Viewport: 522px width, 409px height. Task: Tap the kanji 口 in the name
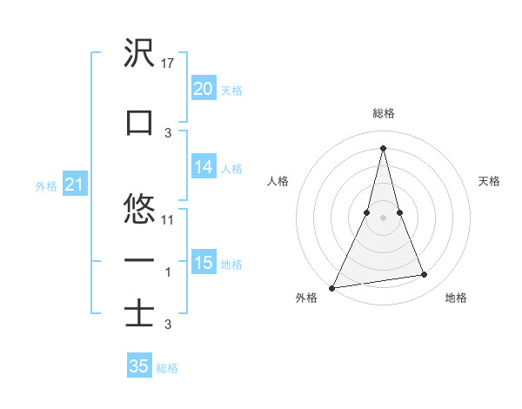(x=140, y=123)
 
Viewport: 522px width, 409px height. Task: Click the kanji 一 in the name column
(x=140, y=260)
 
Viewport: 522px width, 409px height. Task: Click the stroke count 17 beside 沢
(x=169, y=64)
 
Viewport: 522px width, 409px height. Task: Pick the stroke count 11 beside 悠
(x=169, y=220)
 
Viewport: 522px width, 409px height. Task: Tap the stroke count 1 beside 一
(x=169, y=272)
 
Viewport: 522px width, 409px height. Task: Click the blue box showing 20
(x=203, y=89)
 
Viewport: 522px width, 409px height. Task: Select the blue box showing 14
(x=203, y=167)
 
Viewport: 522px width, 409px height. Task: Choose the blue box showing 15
(x=203, y=263)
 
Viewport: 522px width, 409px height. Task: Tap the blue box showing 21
(x=74, y=184)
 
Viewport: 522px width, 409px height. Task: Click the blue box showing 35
(x=139, y=366)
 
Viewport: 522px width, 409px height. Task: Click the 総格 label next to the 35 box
(x=167, y=368)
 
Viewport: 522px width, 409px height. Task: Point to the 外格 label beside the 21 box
(x=46, y=185)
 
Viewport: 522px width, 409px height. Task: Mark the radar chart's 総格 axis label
(x=384, y=113)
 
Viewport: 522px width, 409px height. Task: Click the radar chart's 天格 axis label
(x=490, y=181)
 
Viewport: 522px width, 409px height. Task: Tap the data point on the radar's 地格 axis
(x=425, y=275)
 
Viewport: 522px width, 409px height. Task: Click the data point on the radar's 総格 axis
(x=384, y=147)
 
